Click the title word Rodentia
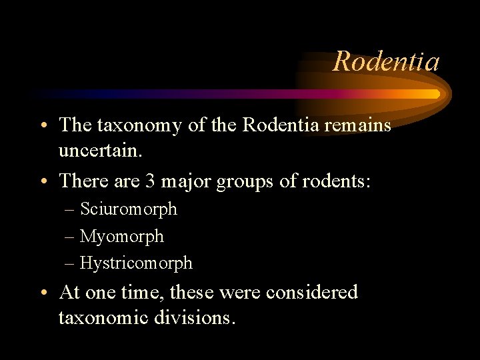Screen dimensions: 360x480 pyautogui.click(x=386, y=61)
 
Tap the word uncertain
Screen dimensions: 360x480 pyautogui.click(x=100, y=151)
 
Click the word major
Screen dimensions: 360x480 pyautogui.click(x=183, y=181)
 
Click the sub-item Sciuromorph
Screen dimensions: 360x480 pyautogui.click(x=129, y=209)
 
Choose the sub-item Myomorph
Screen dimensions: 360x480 pyautogui.click(x=122, y=237)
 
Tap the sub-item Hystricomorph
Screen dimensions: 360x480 pyautogui.click(x=136, y=263)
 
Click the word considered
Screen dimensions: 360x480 pyautogui.click(x=311, y=292)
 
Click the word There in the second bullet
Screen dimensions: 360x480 pyautogui.click(x=81, y=180)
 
